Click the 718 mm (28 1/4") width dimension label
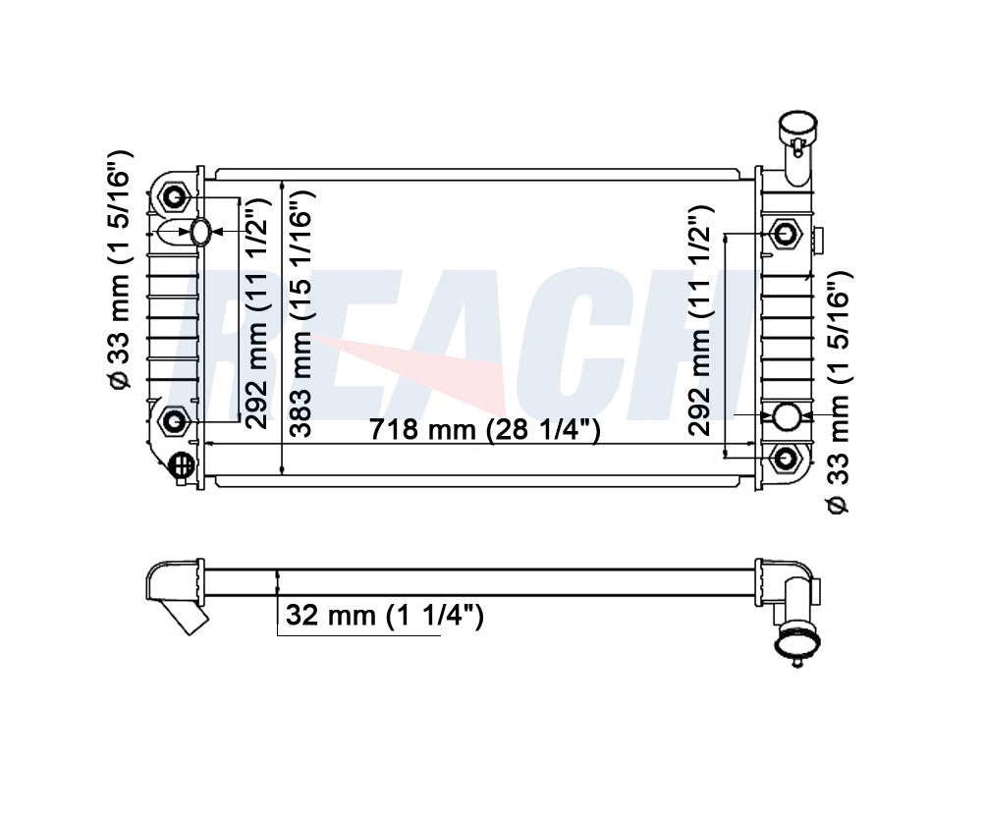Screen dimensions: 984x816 [484, 430]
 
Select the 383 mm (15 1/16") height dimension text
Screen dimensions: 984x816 [302, 313]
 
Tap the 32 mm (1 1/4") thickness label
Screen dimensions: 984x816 [384, 615]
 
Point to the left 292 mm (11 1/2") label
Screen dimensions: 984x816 [258, 313]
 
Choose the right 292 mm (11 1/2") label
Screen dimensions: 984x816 [701, 320]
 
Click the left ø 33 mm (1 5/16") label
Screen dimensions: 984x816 [119, 270]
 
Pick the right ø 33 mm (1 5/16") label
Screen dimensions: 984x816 [838, 393]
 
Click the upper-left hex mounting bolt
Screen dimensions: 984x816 [174, 198]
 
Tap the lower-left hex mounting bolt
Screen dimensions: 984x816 [174, 420]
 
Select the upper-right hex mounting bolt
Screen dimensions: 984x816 [785, 234]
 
